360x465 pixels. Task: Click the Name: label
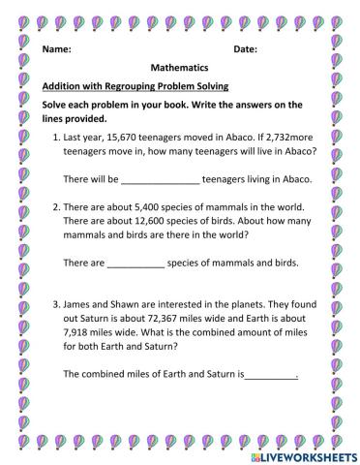click(x=57, y=48)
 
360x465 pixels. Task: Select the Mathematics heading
click(x=180, y=70)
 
